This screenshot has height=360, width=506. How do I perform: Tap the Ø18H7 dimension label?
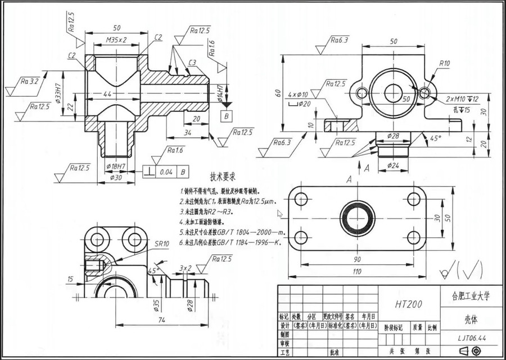click(116, 167)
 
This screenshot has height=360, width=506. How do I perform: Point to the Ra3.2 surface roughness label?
click(29, 82)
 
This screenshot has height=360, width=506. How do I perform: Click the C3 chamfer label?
click(192, 62)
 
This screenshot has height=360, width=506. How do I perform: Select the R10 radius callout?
click(445, 63)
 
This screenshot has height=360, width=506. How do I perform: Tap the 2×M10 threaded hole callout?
click(460, 98)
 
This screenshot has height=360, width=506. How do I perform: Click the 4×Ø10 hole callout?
click(298, 94)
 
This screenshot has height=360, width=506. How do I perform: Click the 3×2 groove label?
click(186, 268)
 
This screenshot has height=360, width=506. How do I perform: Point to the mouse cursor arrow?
click(279, 213)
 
